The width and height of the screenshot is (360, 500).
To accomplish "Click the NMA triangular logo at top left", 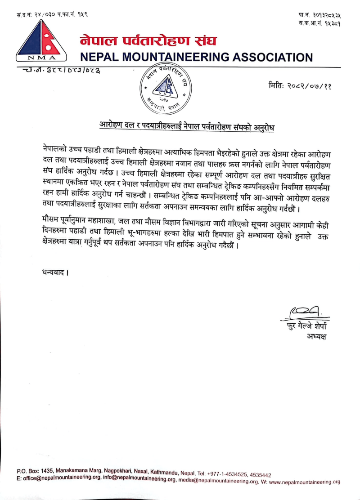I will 41,41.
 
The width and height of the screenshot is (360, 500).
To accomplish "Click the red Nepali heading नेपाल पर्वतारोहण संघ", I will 148,41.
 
